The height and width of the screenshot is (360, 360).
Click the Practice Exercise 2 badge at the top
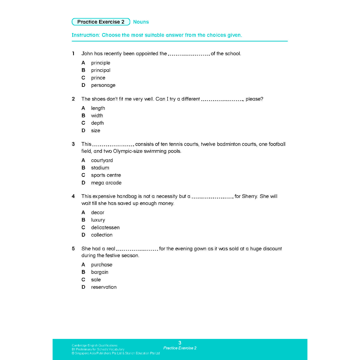101,22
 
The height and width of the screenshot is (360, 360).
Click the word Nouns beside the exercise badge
141,22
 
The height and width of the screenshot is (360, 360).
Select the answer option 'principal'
101,70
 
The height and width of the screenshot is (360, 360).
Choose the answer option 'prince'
98,78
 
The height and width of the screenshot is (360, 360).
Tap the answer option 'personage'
103,85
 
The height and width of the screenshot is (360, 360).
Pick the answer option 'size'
96,130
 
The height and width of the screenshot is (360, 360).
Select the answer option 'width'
97,115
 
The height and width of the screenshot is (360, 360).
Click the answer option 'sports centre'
106,175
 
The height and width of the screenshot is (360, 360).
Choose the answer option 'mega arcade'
106,182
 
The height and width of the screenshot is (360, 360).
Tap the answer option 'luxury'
98,220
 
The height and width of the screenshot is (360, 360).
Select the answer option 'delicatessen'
105,227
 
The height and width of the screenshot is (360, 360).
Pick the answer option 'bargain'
99,272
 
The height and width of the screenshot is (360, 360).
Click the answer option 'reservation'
104,287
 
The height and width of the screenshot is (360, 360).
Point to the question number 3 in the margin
73,144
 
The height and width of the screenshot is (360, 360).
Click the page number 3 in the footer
180,343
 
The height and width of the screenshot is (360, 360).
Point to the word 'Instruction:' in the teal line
86,35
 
